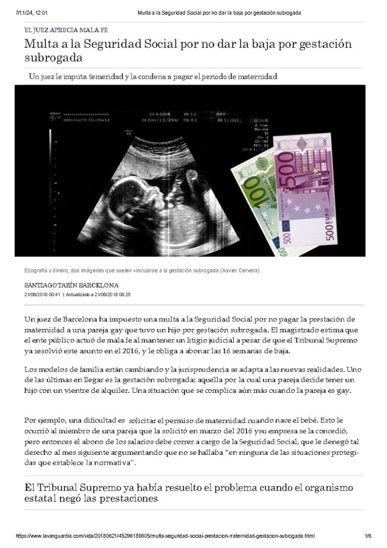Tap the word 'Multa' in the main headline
click(41, 44)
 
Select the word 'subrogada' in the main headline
click(53, 58)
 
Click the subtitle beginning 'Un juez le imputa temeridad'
click(153, 77)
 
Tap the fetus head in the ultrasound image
click(151, 191)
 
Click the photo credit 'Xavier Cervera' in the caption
click(239, 270)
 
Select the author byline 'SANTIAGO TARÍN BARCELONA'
click(72, 285)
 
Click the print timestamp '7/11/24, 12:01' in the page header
click(30, 12)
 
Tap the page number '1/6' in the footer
click(368, 536)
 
